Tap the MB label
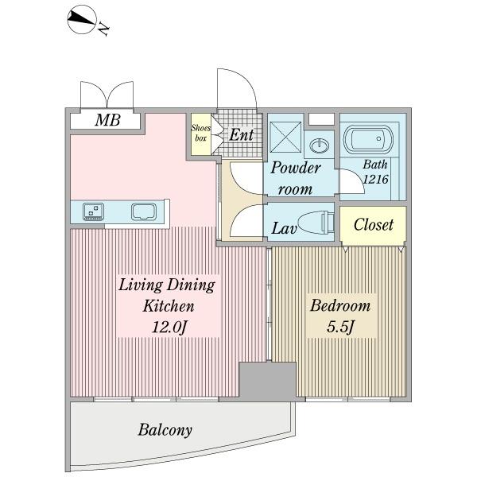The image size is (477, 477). [107, 120]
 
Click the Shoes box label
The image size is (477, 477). [200, 131]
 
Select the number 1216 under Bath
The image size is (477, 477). [374, 180]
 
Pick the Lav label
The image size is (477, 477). [283, 230]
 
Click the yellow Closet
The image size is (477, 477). [373, 224]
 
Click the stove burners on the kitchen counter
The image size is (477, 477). [94, 211]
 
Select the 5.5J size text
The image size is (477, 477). [340, 326]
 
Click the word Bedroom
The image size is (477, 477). [340, 305]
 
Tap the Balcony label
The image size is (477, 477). [165, 430]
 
